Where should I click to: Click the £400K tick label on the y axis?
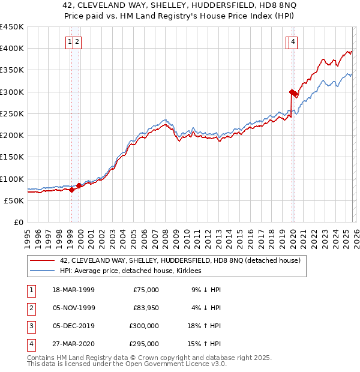coord(12,49)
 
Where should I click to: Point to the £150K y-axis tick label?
coord(12,157)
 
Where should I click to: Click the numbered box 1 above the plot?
coord(70,41)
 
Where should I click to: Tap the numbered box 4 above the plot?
coord(293,41)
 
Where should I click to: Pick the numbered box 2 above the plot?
coord(79,41)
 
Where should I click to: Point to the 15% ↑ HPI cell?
coord(206,344)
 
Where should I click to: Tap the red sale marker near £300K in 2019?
coord(291,92)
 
